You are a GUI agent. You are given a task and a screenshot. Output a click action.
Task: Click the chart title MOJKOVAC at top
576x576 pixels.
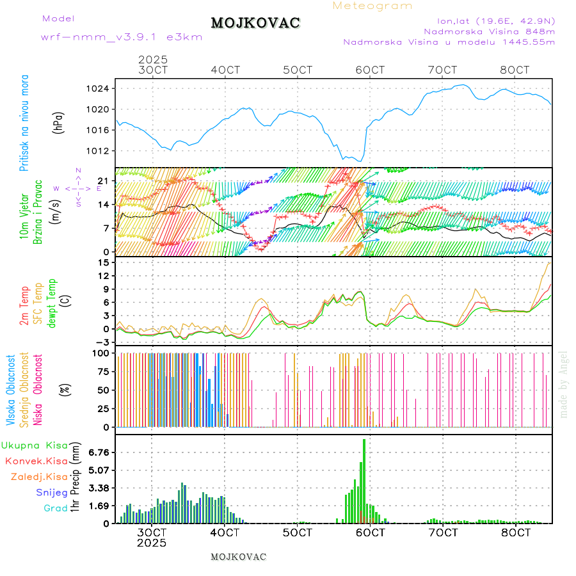(255, 23)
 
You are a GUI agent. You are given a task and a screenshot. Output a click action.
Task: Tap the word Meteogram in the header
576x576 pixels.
(372, 6)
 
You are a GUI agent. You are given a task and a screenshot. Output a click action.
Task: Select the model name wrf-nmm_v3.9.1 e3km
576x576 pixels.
(122, 37)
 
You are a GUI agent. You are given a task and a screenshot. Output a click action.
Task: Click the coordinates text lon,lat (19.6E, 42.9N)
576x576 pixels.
(495, 20)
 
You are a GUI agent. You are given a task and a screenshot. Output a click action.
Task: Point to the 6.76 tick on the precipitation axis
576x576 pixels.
(99, 452)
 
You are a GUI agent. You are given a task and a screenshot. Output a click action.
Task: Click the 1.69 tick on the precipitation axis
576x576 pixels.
(99, 506)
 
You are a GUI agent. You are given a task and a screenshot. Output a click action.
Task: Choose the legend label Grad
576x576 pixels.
(55, 508)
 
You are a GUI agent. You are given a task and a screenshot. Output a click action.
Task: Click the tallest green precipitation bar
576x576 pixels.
(364, 480)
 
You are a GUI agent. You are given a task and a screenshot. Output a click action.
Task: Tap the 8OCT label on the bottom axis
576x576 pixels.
(516, 532)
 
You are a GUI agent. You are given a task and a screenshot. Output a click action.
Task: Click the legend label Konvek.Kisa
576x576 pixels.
(36, 461)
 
